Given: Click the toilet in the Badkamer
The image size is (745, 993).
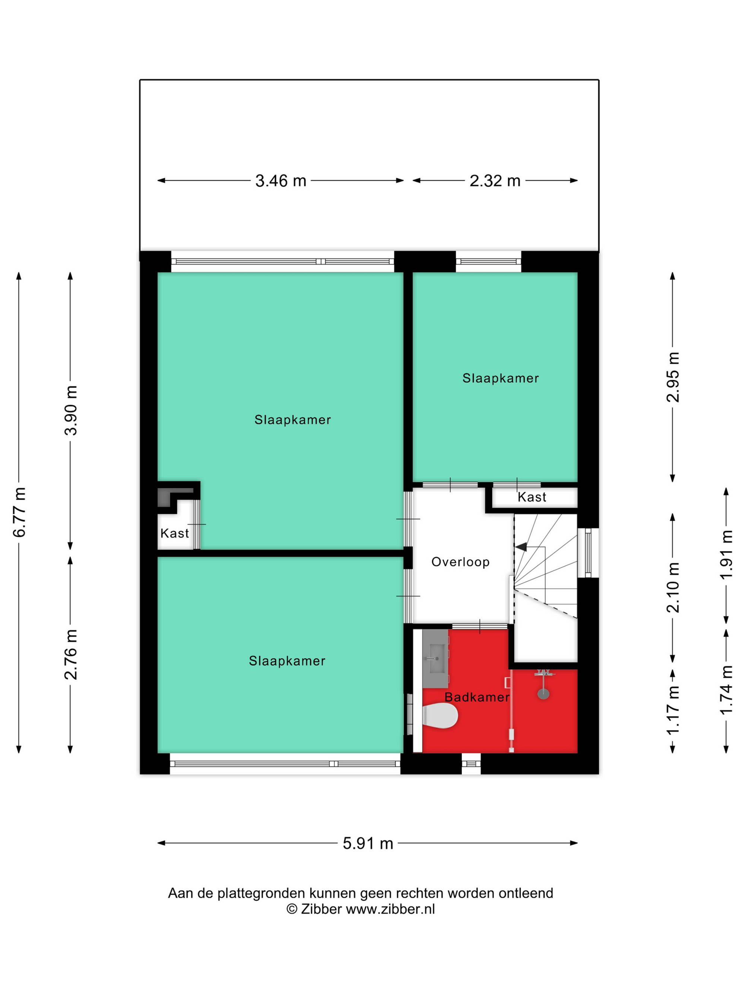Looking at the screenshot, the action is pyautogui.click(x=440, y=716).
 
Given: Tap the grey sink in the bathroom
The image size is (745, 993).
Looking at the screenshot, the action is pyautogui.click(x=435, y=659).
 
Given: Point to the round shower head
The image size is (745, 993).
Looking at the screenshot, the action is pyautogui.click(x=543, y=694).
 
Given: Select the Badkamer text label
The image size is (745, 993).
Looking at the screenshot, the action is pyautogui.click(x=477, y=697).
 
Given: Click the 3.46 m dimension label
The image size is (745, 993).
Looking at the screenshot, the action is pyautogui.click(x=280, y=181).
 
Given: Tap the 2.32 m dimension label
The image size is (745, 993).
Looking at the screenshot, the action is pyautogui.click(x=495, y=181).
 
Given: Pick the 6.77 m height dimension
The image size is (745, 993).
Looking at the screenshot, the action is pyautogui.click(x=19, y=512).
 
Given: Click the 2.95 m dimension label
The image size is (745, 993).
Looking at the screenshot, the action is pyautogui.click(x=673, y=377).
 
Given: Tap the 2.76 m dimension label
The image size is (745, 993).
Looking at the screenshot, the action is pyautogui.click(x=71, y=655).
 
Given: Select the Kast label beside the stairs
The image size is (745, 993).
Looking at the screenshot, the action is pyautogui.click(x=532, y=497).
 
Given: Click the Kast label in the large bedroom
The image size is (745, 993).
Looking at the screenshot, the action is pyautogui.click(x=175, y=533).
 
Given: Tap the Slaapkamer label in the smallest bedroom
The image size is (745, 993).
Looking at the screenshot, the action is pyautogui.click(x=501, y=378).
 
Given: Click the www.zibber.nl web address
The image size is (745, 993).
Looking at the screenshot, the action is pyautogui.click(x=390, y=909).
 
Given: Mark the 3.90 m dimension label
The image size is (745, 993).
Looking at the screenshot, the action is pyautogui.click(x=71, y=410).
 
